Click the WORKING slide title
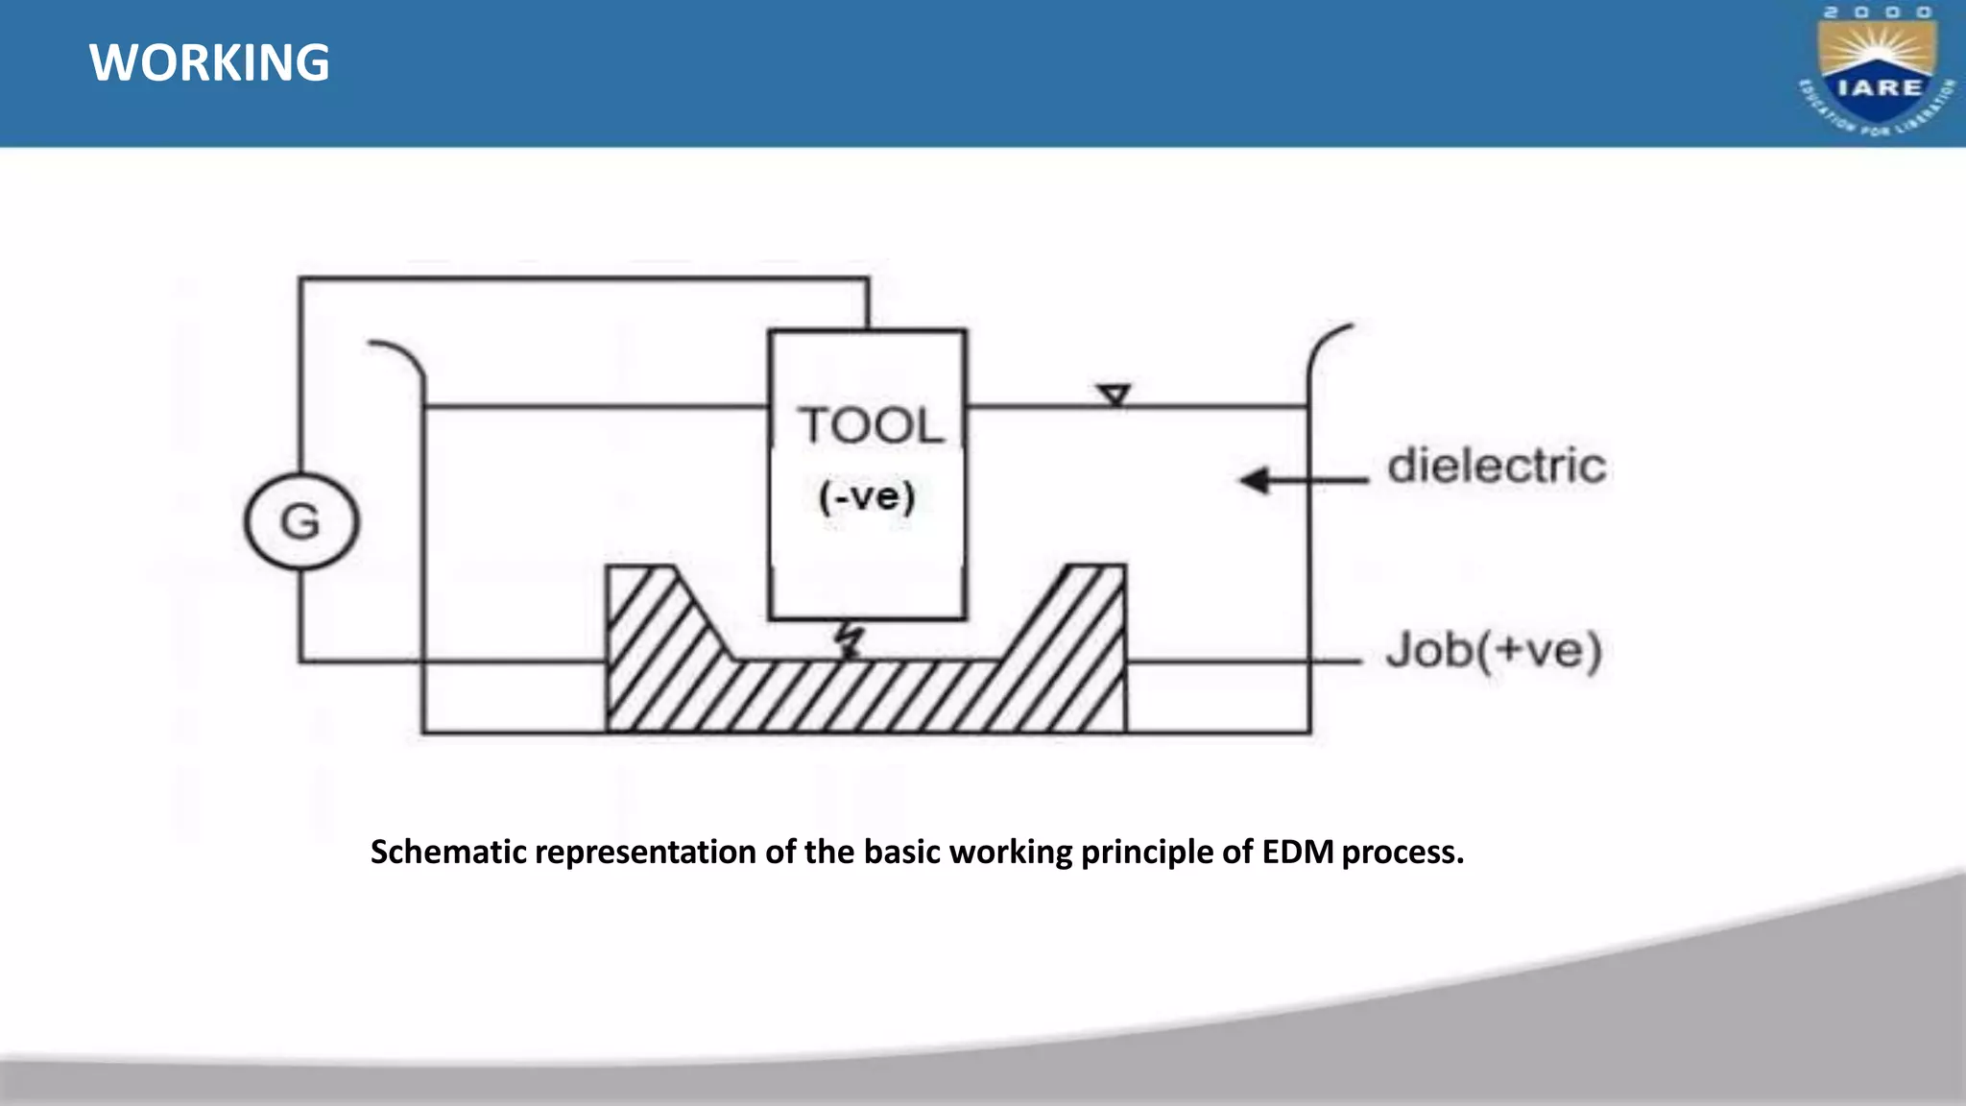[x=209, y=63]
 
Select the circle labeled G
[x=301, y=522]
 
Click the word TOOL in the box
[x=871, y=425]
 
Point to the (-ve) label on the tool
[x=867, y=496]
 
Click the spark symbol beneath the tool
[x=849, y=641]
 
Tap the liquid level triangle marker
[x=1114, y=395]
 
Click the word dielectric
[x=1496, y=467]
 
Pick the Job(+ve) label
[x=1494, y=651]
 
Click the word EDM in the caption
[x=1297, y=853]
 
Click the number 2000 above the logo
[x=1878, y=12]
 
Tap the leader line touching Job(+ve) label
[x=1248, y=661]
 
